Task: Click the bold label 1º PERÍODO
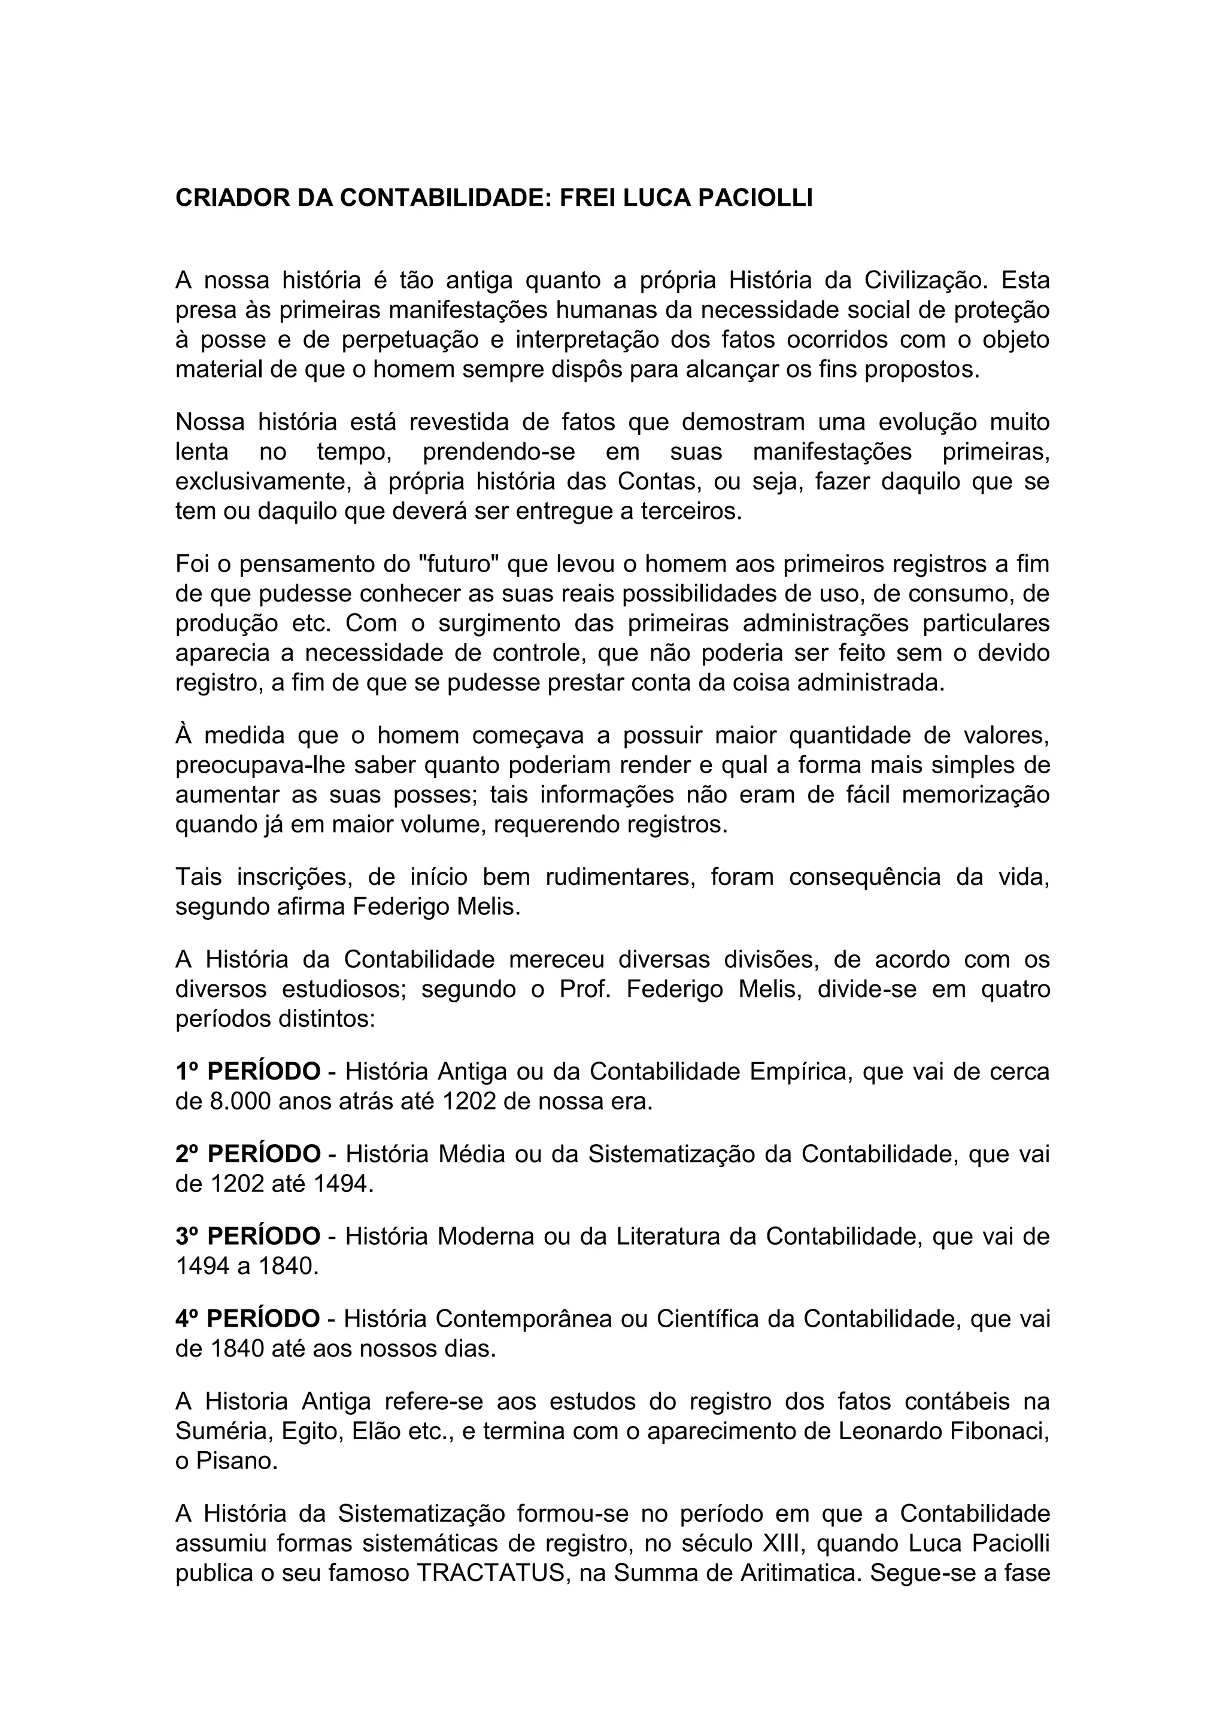(x=248, y=1071)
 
